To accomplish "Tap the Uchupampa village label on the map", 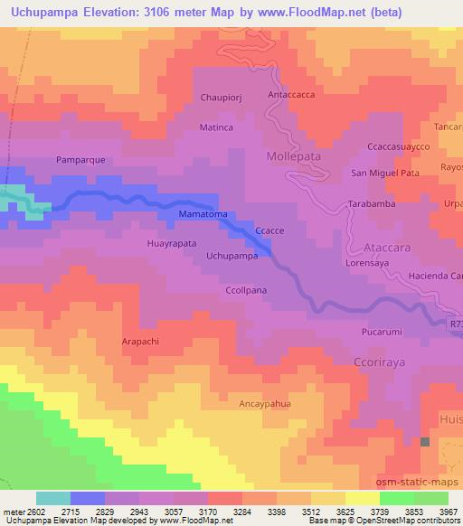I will coord(232,256).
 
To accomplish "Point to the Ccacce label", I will coord(269,230).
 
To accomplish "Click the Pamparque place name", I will coord(81,159).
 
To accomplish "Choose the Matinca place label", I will coord(217,127).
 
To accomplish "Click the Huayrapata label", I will coord(171,243).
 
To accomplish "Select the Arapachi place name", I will coord(140,342).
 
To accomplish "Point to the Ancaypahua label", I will coord(264,404).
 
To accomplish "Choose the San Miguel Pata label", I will coord(385,173).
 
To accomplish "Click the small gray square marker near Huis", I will coord(425,441).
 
